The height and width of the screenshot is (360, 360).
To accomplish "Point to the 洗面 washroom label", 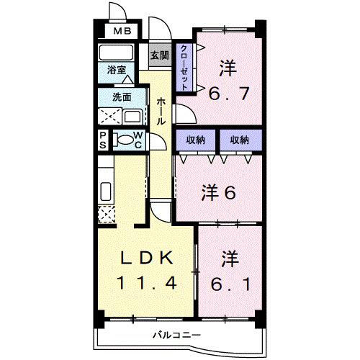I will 121,96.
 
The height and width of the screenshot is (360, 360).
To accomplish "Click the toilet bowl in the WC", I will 124,140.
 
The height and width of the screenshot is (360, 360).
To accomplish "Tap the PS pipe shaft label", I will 103,140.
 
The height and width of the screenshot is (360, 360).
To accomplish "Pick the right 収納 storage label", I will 240,139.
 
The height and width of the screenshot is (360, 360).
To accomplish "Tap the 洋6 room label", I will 220,192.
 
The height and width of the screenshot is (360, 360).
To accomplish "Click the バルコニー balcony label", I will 173,334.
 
